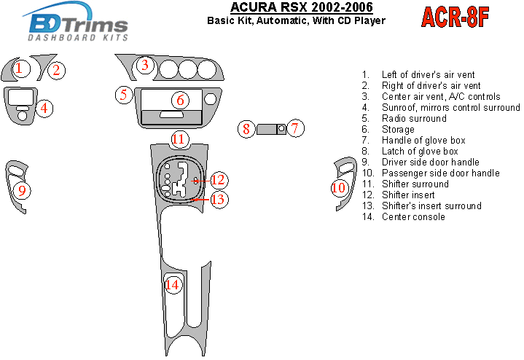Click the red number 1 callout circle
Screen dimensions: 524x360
21,69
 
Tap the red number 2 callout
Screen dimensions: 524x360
56,70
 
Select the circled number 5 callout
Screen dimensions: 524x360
124,95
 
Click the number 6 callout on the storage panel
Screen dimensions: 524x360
180,100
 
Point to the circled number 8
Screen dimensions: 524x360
246,129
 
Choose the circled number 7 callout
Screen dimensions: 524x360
294,128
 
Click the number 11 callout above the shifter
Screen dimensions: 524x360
179,138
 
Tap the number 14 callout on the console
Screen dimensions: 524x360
173,285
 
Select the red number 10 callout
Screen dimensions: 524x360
339,187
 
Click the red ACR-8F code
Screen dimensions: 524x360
455,17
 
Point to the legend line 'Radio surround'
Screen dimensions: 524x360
414,118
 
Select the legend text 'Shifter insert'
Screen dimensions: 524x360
408,195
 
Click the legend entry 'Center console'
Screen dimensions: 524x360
413,217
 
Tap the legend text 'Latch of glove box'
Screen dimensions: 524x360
420,151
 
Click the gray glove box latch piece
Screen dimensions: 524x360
267,129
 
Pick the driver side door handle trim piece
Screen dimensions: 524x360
16,187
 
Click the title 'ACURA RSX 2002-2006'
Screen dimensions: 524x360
302,7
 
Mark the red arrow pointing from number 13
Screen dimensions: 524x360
202,200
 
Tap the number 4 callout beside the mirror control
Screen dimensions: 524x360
44,109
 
